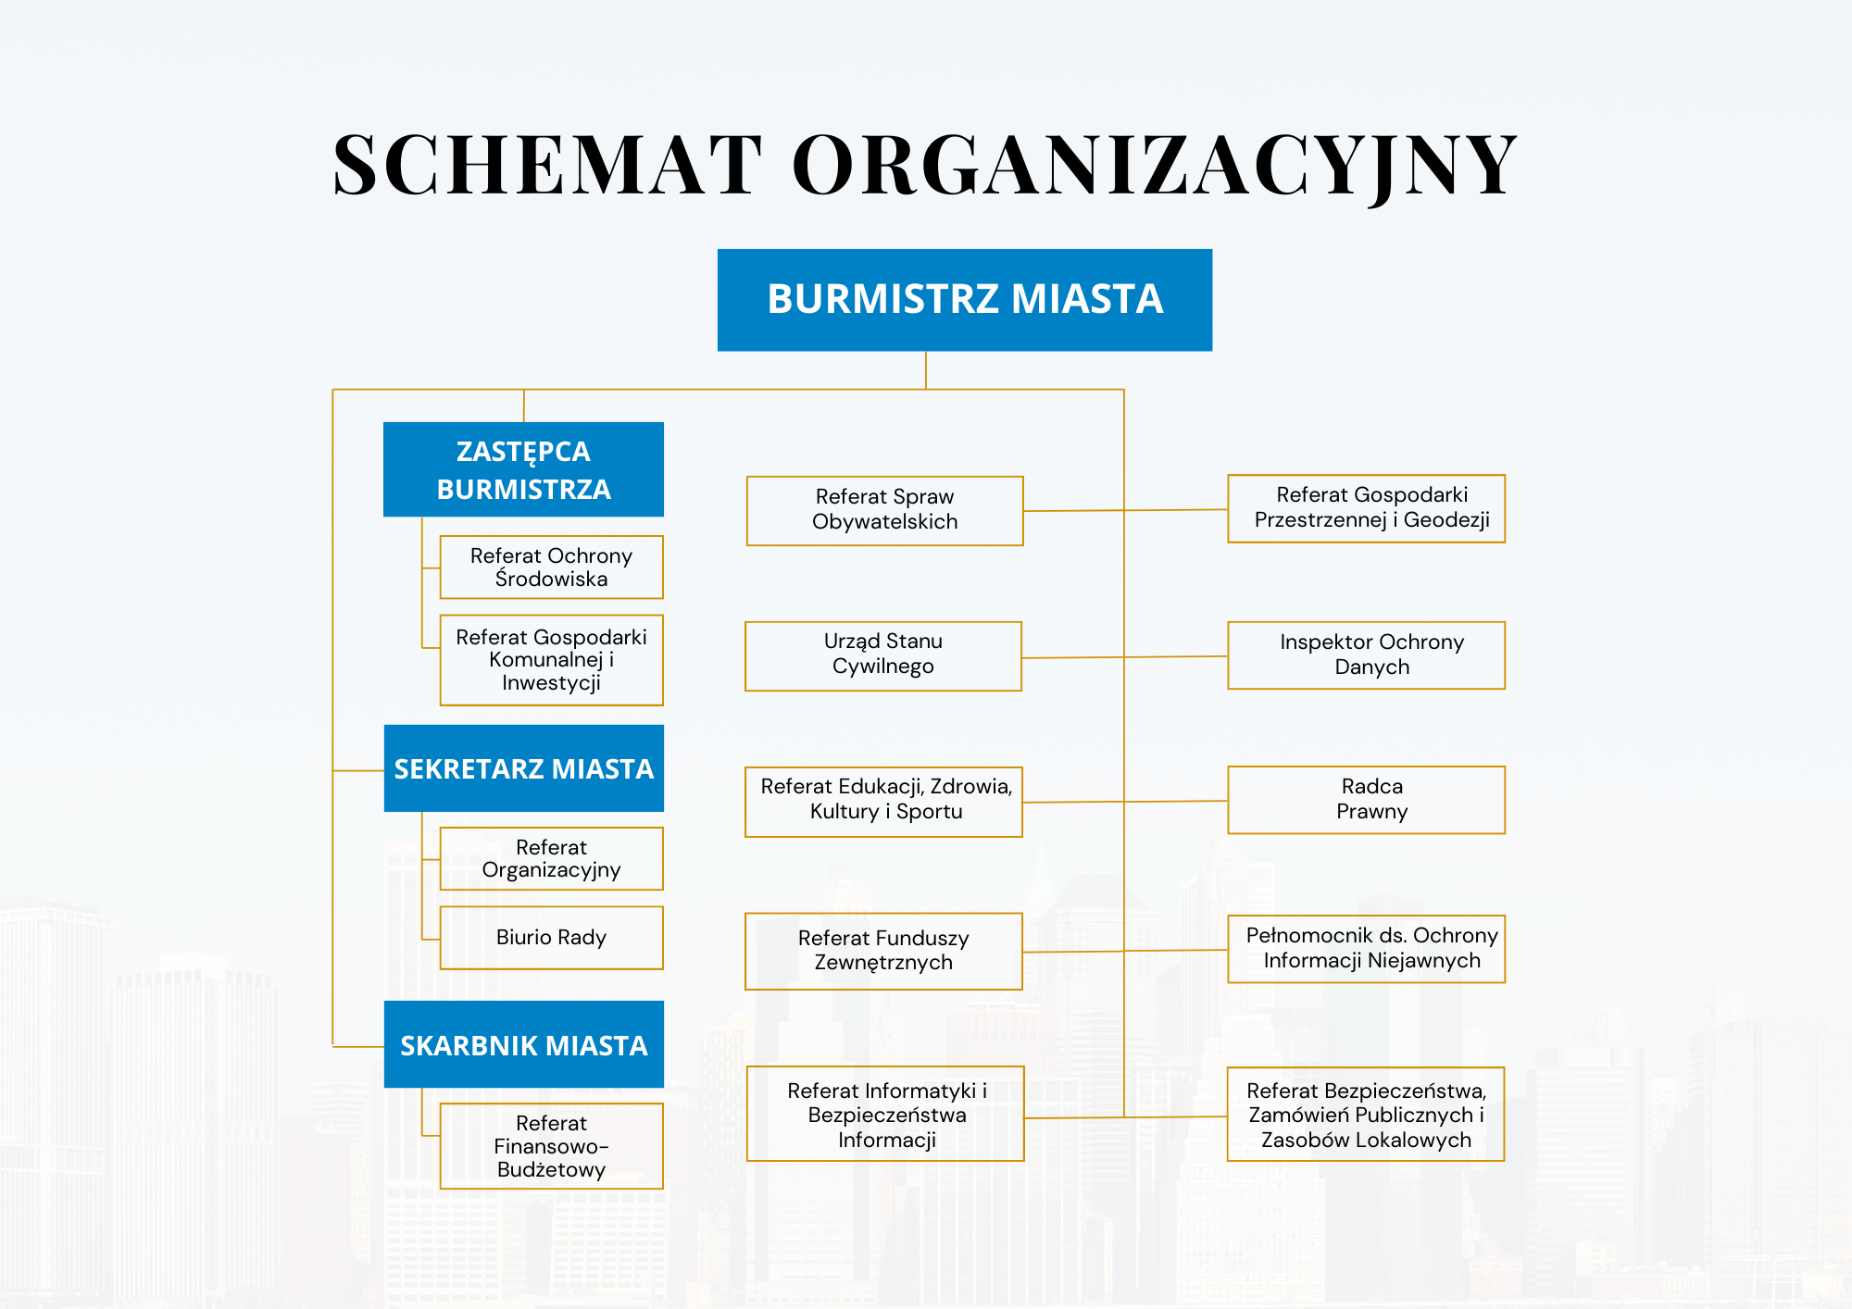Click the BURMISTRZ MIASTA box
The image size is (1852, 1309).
tap(964, 300)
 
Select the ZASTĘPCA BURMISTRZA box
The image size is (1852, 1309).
tap(523, 469)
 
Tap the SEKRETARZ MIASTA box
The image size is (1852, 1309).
tap(523, 768)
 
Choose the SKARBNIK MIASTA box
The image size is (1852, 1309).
tap(523, 1044)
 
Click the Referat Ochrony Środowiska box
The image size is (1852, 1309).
tap(551, 567)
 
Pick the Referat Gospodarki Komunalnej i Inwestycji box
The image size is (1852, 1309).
tap(551, 660)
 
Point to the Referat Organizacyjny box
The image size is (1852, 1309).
tap(551, 858)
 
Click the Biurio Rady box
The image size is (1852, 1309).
tap(551, 938)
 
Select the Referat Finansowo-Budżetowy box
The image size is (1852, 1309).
tap(551, 1146)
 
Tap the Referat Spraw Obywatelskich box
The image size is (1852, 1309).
tap(884, 510)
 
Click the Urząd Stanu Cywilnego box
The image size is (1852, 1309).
tap(882, 655)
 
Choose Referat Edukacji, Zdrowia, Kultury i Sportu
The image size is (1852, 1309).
tap(883, 801)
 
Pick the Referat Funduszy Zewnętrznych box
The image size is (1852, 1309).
tap(883, 951)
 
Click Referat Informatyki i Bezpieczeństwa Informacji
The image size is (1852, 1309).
tap(885, 1114)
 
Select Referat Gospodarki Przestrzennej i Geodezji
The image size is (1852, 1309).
tap(1366, 508)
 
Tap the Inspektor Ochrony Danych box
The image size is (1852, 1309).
tap(1366, 654)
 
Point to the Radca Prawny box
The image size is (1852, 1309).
tap(1366, 800)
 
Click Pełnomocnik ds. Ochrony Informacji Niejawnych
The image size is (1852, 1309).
tap(1366, 949)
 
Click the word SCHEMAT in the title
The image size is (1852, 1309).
tap(547, 165)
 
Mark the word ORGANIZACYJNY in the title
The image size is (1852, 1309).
tap(1154, 165)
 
